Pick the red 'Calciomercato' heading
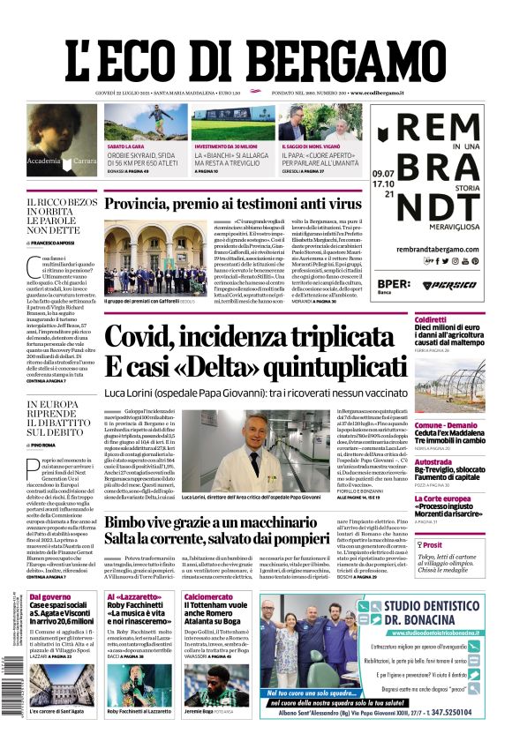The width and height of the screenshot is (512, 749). [x=209, y=597]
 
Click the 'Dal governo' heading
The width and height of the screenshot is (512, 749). [x=49, y=597]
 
